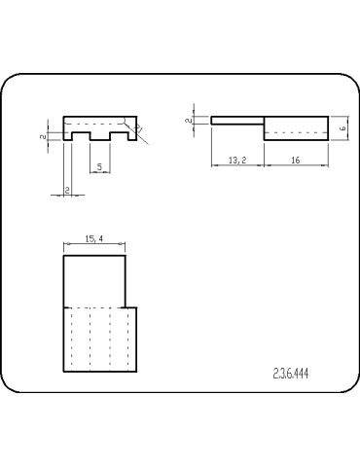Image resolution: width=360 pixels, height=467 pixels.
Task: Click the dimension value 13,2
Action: click(x=235, y=160)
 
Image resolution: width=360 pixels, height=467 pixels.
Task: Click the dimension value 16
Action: click(x=294, y=160)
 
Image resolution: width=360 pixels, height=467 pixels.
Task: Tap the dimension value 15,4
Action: click(x=94, y=238)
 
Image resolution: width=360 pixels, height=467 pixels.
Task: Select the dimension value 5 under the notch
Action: click(x=100, y=166)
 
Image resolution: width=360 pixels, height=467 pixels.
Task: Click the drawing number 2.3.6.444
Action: click(x=291, y=373)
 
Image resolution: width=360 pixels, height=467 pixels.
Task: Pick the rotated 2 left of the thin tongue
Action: click(x=188, y=121)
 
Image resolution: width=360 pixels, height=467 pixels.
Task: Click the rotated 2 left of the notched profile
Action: click(x=44, y=137)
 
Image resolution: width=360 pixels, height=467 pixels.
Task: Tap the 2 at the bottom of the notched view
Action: click(x=66, y=189)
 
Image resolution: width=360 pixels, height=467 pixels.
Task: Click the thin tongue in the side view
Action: click(x=236, y=121)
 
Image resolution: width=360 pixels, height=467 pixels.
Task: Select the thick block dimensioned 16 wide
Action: click(x=297, y=128)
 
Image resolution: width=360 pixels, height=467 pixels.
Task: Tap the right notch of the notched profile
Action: click(x=120, y=140)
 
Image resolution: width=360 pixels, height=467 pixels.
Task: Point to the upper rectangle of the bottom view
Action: click(x=94, y=280)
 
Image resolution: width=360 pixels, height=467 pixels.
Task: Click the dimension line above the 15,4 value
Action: click(x=94, y=245)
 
